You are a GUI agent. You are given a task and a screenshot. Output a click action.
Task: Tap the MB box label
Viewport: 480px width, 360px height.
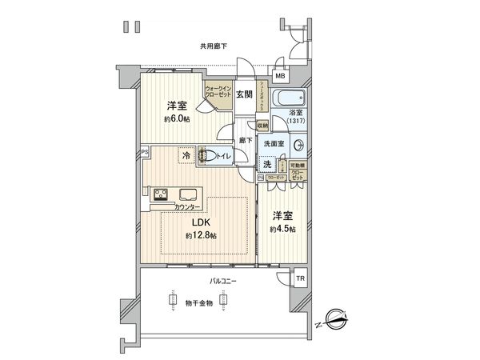coord(279,77)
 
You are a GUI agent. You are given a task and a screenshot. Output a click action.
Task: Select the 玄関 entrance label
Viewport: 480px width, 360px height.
coord(244,94)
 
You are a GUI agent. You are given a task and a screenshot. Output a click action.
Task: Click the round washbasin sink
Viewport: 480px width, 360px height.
coord(299,146)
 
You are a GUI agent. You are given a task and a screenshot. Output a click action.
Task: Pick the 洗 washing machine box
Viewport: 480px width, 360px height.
coord(266,164)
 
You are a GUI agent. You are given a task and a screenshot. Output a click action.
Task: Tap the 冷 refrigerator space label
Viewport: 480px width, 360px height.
coord(186,156)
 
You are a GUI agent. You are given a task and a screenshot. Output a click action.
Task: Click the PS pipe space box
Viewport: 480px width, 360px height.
coord(145,150)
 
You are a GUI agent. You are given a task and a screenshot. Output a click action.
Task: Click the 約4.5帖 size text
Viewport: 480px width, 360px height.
coord(283,229)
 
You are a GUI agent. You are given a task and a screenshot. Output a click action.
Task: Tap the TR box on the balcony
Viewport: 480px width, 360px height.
coord(300,279)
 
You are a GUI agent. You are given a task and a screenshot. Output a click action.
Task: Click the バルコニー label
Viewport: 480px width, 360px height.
coord(222,281)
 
